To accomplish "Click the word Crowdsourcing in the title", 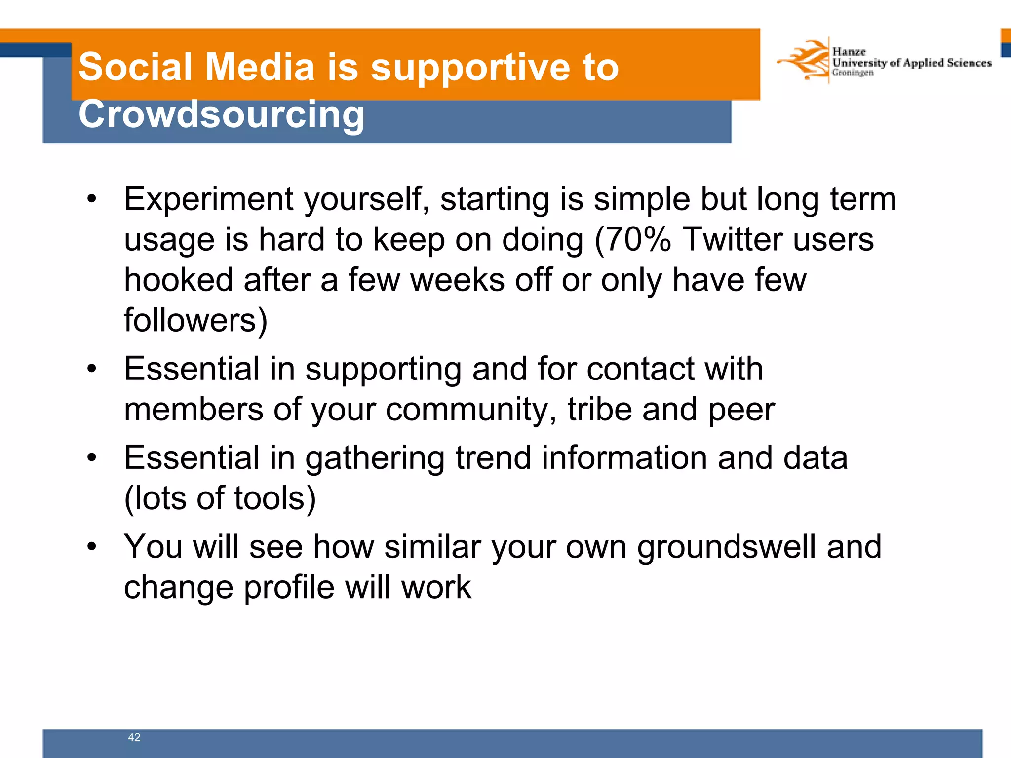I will click(221, 114).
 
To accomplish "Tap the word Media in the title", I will click(259, 67).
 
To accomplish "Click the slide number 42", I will click(134, 737).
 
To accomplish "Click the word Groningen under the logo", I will click(853, 73).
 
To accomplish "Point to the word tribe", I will click(599, 410).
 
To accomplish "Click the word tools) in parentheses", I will click(274, 498).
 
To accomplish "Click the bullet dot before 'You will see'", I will click(91, 547).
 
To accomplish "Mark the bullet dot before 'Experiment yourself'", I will click(91, 200).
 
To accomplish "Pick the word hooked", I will click(178, 280).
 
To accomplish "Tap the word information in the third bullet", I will click(624, 458).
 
